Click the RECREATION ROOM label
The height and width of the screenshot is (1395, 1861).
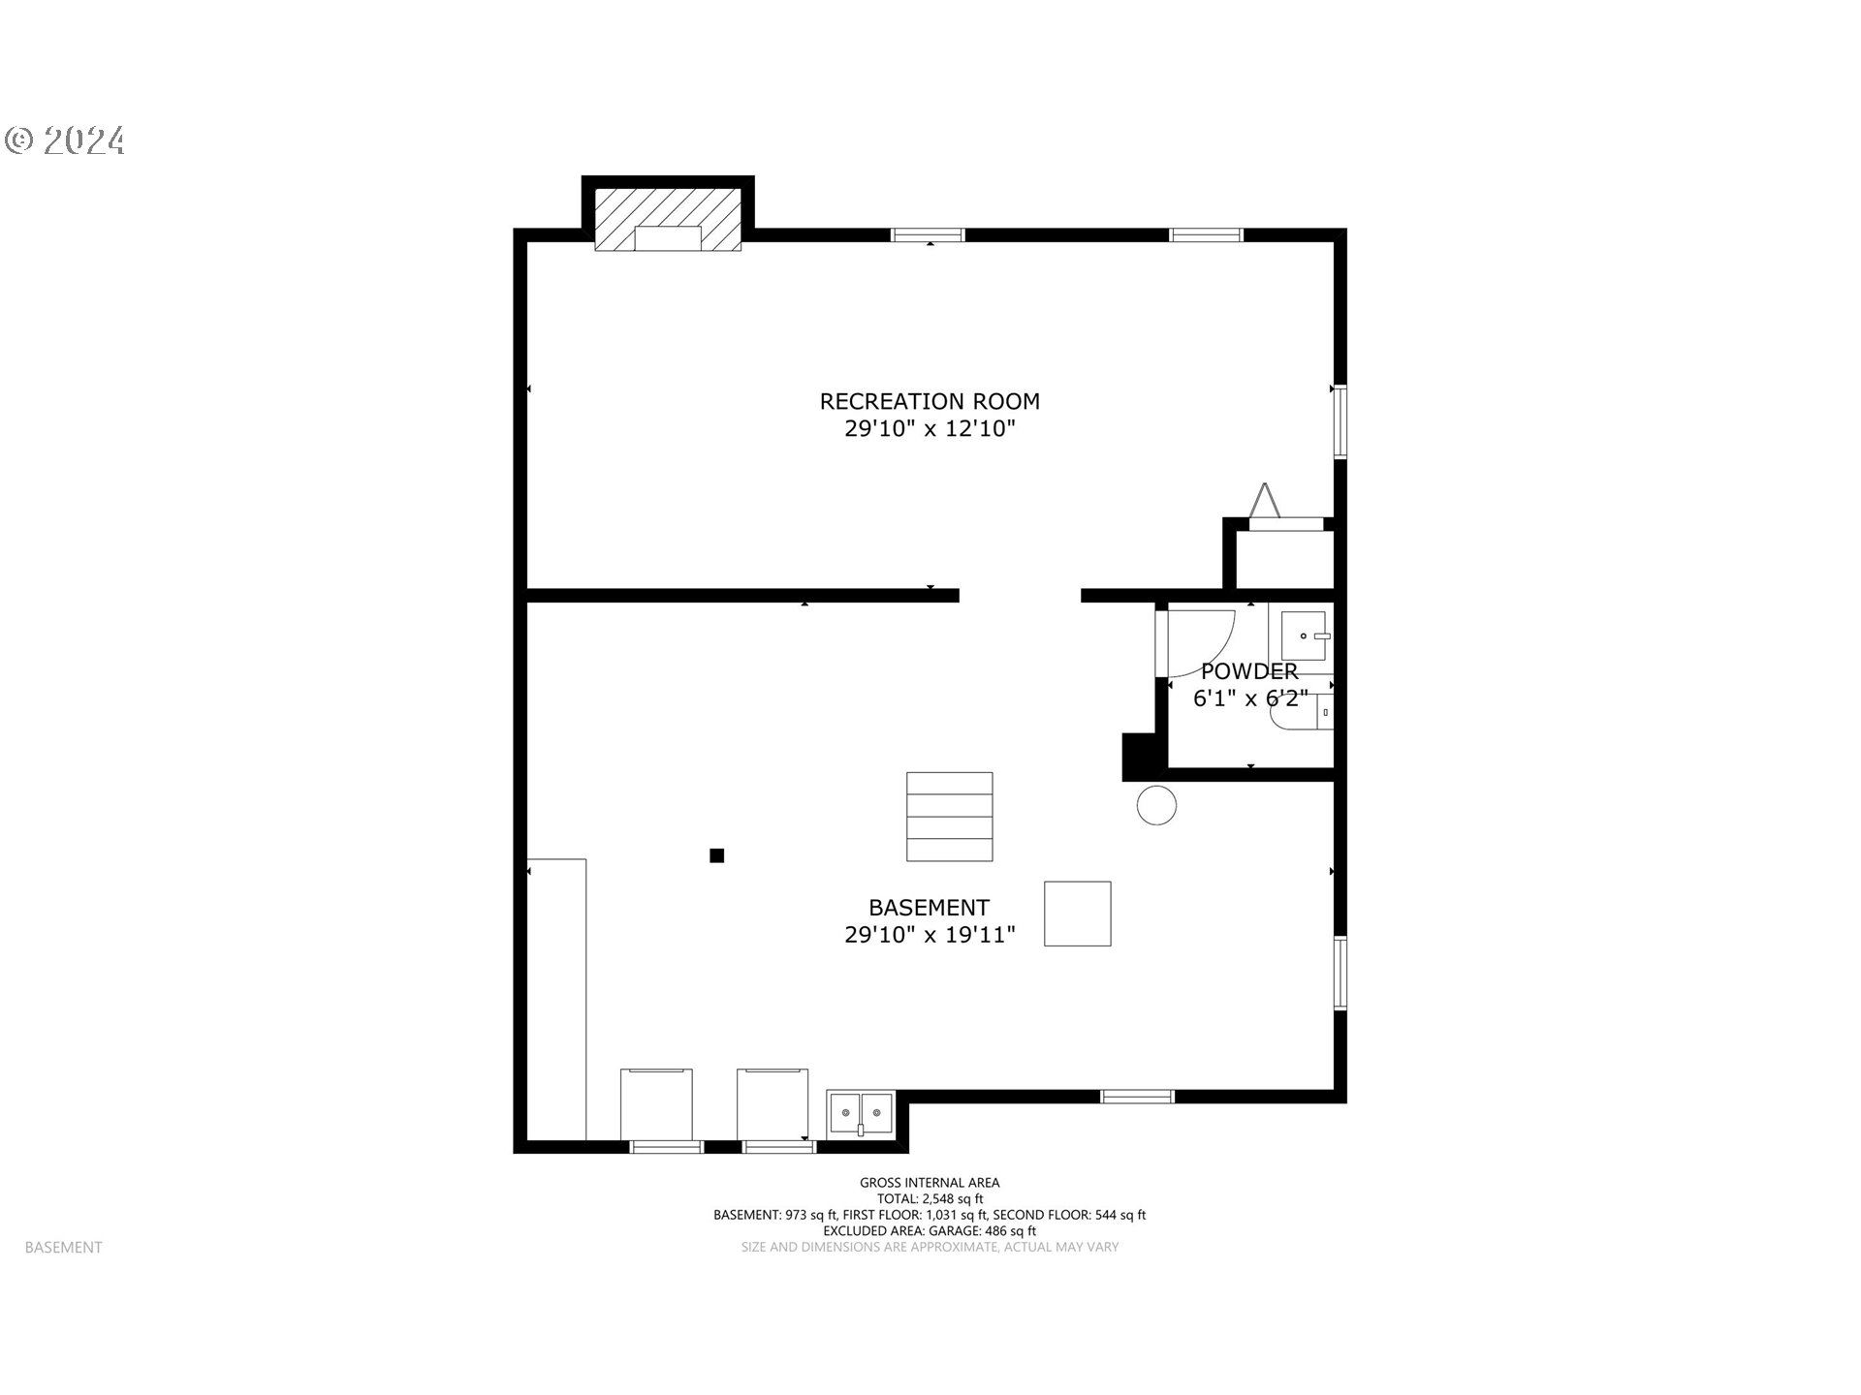pos(930,401)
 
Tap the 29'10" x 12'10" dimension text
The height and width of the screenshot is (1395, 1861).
pos(930,428)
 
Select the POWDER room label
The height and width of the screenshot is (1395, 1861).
pos(1249,671)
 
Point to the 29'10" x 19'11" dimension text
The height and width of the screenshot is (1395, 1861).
pos(930,935)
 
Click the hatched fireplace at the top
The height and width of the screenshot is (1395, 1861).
pos(668,219)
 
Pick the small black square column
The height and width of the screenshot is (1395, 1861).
pos(717,855)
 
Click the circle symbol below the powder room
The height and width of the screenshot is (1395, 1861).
pos(1156,805)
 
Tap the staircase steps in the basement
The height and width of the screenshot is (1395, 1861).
pos(950,817)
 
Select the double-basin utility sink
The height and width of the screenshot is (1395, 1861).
pos(860,1114)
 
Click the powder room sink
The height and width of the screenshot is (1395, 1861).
pos(1304,636)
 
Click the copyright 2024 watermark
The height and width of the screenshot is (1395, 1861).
pos(65,141)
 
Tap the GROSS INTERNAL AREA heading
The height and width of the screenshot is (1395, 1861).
pos(930,1182)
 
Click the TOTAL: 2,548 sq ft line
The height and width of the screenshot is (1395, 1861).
pos(930,1198)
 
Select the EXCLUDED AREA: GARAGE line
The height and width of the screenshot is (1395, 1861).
pos(930,1231)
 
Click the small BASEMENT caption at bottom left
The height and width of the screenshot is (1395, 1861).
pos(63,1248)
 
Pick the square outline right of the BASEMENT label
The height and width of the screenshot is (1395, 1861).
pos(1078,914)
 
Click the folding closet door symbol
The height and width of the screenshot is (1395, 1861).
pos(1264,502)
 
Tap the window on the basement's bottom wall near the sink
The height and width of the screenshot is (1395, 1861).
pos(779,1147)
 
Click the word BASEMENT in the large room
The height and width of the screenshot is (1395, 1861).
pos(930,908)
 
